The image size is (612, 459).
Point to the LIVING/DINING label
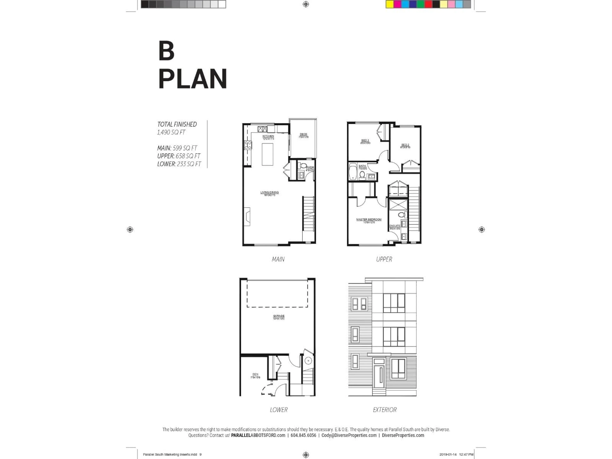pos(270,192)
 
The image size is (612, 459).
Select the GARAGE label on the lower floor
pos(279,316)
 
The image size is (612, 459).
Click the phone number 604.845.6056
pos(303,435)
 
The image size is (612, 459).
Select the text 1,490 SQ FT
pos(171,132)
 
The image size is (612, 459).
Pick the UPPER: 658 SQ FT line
pos(179,156)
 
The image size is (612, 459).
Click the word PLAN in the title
pos(193,79)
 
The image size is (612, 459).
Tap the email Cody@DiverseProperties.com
pos(349,435)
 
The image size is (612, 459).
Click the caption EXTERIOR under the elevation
pos(385,410)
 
